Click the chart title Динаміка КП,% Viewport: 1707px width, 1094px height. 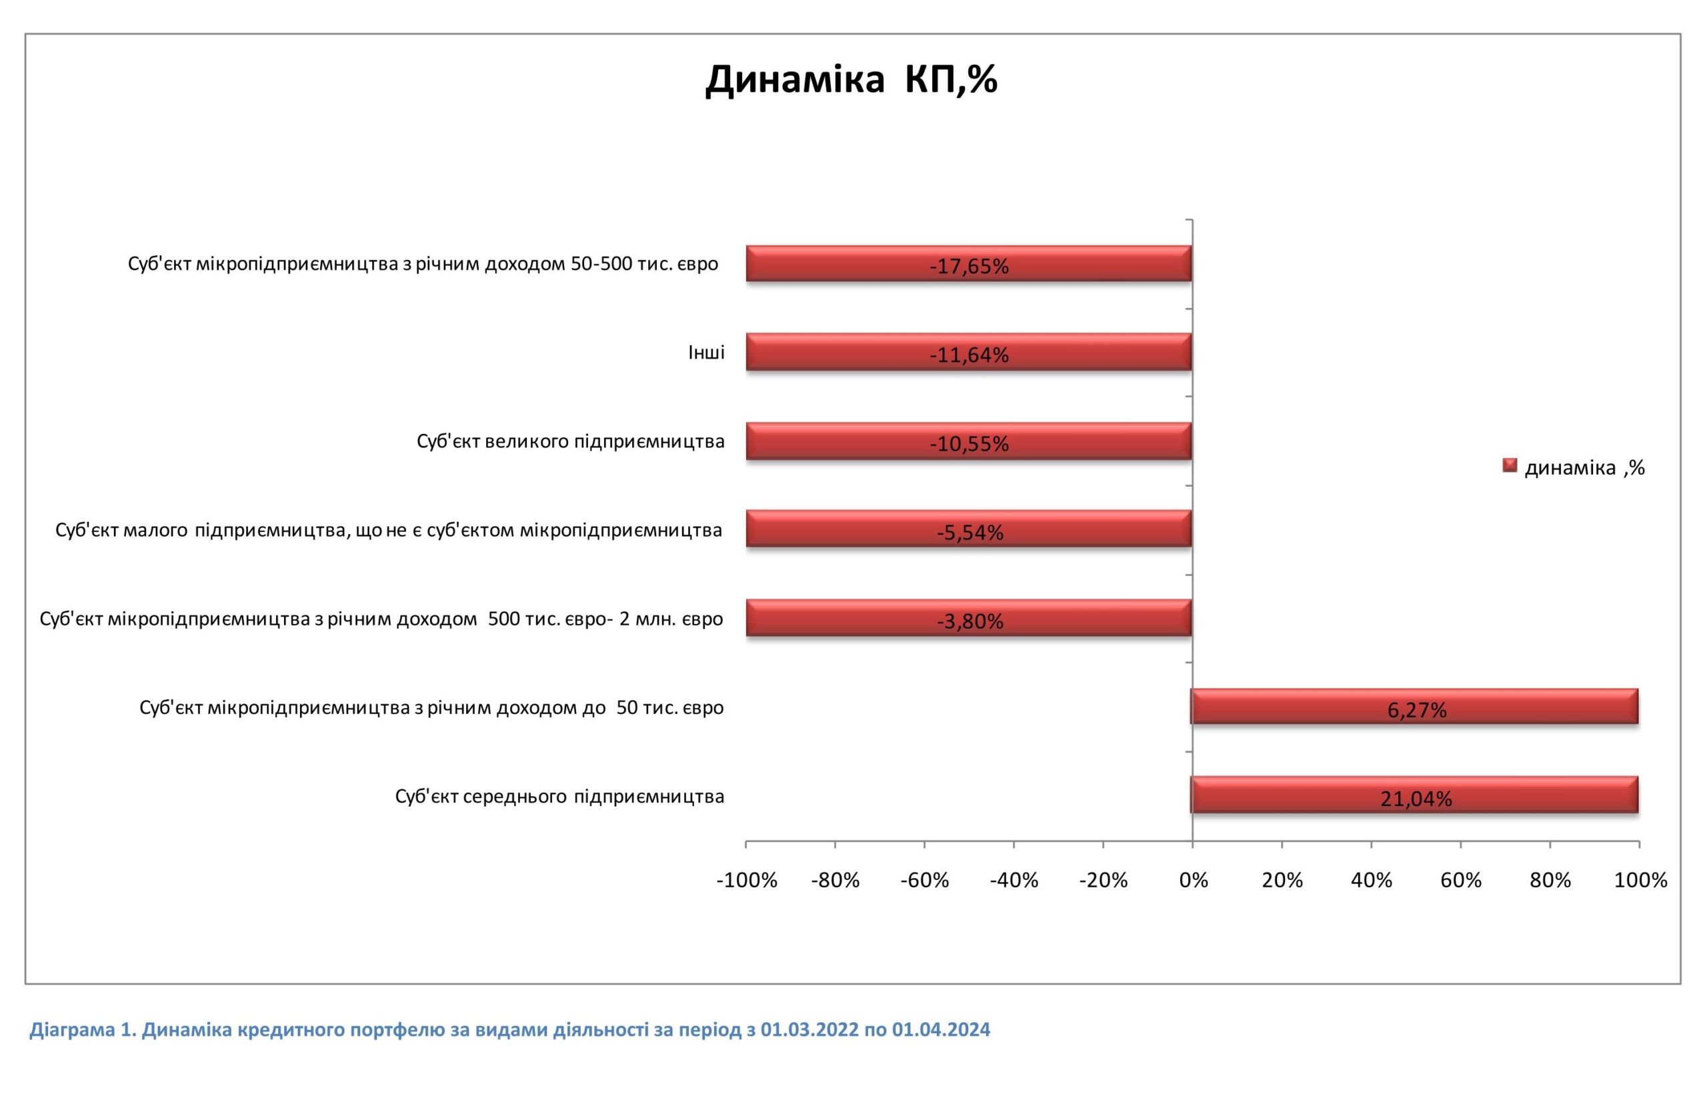coord(851,79)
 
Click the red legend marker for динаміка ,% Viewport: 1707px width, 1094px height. coord(1510,466)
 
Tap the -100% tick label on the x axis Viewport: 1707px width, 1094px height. coord(747,880)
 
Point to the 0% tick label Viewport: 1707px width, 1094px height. coord(1194,880)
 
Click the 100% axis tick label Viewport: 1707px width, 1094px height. coord(1640,880)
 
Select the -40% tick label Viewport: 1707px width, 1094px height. coord(1014,880)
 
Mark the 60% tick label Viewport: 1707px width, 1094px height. coord(1460,880)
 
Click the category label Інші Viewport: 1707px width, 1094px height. coord(706,353)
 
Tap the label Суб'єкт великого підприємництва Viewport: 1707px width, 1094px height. coord(570,441)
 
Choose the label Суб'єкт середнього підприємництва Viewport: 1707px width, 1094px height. coord(559,797)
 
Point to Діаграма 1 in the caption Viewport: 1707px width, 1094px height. coord(82,1029)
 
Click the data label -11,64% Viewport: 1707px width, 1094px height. coord(969,355)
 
